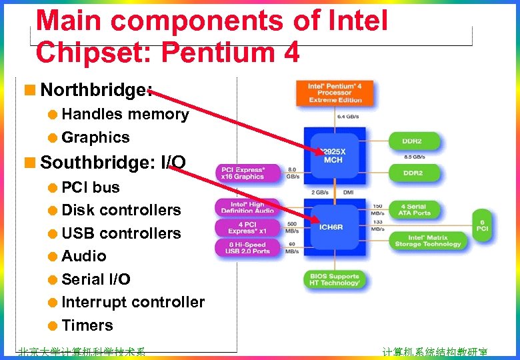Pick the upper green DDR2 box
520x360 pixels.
pos(413,141)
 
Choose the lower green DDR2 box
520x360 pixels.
pos(413,173)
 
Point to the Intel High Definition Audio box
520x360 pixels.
pos(248,207)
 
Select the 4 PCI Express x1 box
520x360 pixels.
pos(248,228)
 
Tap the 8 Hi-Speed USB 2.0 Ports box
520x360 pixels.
pos(248,247)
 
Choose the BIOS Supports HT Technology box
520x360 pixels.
pos(335,279)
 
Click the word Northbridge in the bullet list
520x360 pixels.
pos(93,90)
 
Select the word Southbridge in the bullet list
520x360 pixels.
pos(97,162)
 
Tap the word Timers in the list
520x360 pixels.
pos(87,325)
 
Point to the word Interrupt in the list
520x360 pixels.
pos(94,302)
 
